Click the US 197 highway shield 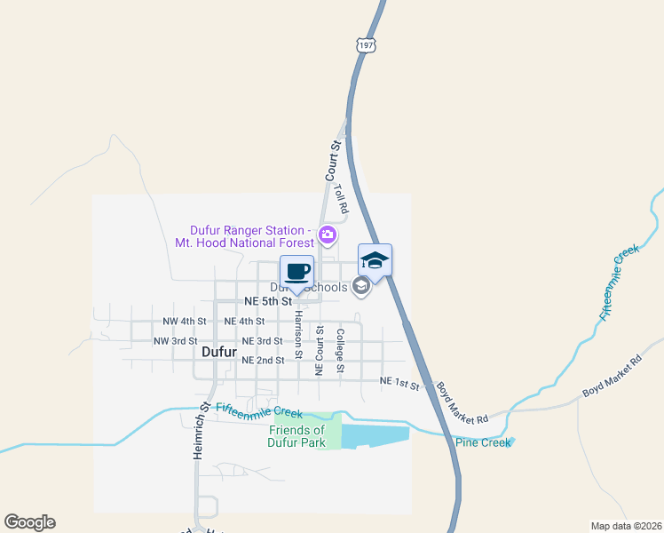[366, 44]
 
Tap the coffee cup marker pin [296, 271]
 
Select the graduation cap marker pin [375, 260]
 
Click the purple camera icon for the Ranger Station [327, 235]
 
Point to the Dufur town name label [219, 352]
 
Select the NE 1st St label [399, 382]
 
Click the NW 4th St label [185, 321]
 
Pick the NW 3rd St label [175, 341]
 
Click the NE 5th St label [263, 301]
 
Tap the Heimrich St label [200, 430]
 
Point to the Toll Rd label [341, 197]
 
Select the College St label [340, 346]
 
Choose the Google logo [29, 522]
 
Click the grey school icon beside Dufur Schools [360, 286]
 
